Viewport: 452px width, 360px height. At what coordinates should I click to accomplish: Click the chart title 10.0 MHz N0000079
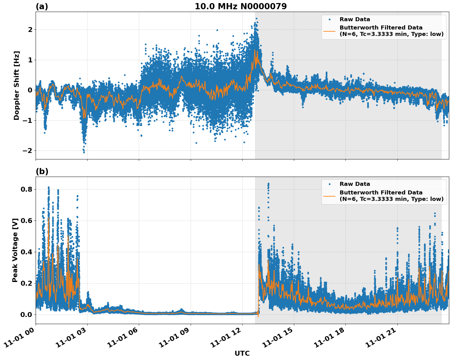[240, 6]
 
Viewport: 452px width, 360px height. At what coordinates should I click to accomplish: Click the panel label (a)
[42, 6]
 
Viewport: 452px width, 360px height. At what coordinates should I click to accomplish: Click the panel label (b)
[42, 171]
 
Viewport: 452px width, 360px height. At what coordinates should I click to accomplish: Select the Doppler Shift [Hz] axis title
[17, 85]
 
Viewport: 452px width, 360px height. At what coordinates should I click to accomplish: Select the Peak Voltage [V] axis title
[15, 250]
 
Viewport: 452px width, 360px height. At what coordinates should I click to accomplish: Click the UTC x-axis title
[242, 353]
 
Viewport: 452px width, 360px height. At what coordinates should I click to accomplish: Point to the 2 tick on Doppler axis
[30, 29]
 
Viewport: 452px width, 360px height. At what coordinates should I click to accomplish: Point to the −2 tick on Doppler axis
[28, 151]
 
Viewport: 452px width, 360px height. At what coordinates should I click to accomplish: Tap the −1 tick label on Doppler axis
[28, 120]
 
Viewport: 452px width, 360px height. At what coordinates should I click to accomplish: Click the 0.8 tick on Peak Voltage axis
[26, 189]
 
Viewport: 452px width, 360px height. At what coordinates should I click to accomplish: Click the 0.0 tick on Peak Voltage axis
[26, 315]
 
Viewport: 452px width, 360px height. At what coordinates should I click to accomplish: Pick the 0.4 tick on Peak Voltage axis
[26, 252]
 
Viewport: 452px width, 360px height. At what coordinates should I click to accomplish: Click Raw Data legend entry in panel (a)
[355, 19]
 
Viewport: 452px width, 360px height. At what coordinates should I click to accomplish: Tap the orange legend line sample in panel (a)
[329, 31]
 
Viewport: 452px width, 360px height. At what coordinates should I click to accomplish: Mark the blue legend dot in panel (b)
[329, 184]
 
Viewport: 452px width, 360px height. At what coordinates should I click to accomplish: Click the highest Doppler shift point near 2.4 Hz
[256, 18]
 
